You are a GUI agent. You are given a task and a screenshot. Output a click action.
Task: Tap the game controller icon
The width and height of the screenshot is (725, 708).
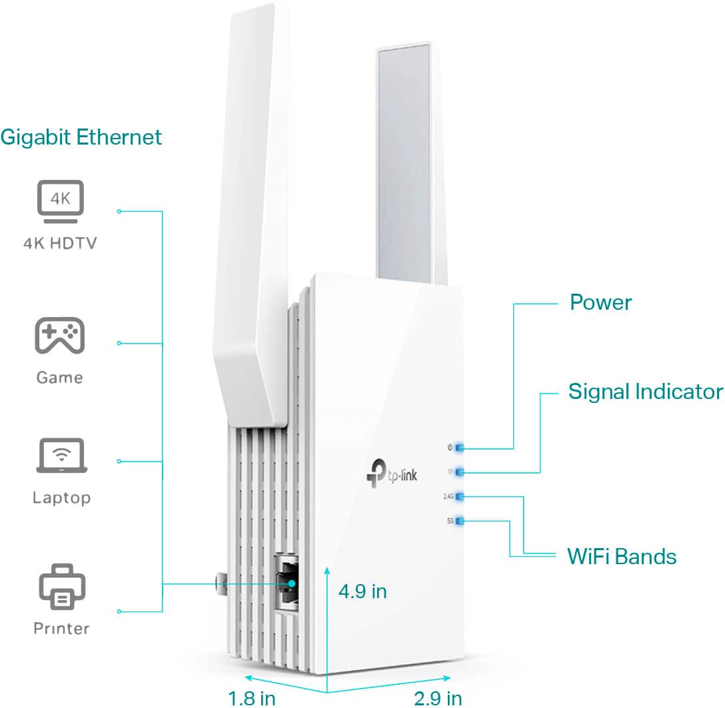[x=59, y=336]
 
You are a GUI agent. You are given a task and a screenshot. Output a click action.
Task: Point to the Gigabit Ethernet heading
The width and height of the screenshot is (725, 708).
[x=81, y=137]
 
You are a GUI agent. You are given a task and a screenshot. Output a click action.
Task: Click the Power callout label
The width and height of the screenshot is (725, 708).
[x=600, y=302]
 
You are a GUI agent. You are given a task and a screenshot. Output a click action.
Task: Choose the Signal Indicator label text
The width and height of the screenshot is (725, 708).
[x=645, y=392]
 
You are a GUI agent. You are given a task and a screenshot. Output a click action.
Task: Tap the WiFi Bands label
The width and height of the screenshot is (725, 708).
[x=621, y=555]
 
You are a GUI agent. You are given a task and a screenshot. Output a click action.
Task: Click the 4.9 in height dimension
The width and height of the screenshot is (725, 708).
[x=362, y=591]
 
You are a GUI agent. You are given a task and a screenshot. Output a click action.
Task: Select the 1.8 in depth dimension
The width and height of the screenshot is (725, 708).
[x=251, y=697]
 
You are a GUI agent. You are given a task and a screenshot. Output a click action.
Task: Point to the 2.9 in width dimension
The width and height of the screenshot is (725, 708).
[x=438, y=697]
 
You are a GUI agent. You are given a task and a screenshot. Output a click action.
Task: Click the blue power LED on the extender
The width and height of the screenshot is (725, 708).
[x=460, y=448]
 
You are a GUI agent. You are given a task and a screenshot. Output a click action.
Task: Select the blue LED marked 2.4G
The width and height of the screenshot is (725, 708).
[x=460, y=496]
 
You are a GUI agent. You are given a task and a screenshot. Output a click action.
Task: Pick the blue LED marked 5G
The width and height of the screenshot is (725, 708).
[x=460, y=521]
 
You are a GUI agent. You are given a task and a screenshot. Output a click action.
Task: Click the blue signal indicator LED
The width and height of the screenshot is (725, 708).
[x=460, y=472]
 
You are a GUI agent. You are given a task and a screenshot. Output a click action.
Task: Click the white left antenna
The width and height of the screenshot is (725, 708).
[x=251, y=200]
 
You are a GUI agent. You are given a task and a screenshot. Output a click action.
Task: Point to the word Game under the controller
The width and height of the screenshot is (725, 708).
[x=59, y=378]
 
